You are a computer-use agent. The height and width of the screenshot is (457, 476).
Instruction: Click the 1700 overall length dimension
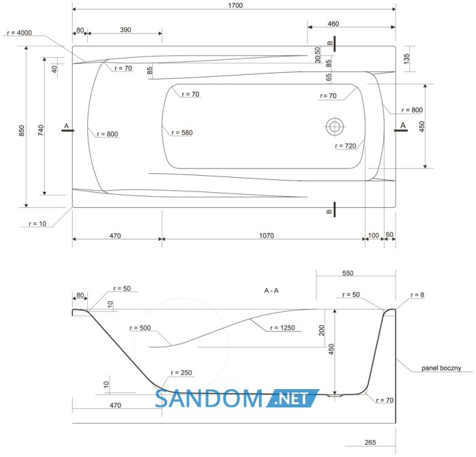(x=235, y=5)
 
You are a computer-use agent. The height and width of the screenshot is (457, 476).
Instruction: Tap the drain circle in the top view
(x=335, y=126)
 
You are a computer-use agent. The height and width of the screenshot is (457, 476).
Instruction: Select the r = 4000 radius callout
(x=19, y=33)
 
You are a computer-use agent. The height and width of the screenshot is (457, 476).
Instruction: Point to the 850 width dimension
(x=22, y=130)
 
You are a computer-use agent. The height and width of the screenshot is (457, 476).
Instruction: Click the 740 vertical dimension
(x=41, y=130)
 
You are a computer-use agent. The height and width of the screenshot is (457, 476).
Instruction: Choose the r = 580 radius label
(x=182, y=132)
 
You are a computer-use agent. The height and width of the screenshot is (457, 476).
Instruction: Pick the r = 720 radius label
(x=345, y=146)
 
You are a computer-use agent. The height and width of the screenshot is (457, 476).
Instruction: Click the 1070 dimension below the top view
(x=267, y=236)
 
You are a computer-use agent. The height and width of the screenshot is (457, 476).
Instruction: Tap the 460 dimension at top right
(x=333, y=24)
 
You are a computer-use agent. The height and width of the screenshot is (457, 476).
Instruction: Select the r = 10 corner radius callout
(x=37, y=223)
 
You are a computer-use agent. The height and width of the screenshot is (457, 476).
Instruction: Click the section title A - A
(x=271, y=291)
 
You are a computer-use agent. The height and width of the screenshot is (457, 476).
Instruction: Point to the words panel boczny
(x=441, y=368)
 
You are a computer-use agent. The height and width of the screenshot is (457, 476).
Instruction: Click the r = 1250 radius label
(x=283, y=327)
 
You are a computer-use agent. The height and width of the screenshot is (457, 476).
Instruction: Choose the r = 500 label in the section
(x=140, y=327)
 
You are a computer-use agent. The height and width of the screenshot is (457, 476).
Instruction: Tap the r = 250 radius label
(x=182, y=372)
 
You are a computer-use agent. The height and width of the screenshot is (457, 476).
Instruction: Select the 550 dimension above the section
(x=348, y=273)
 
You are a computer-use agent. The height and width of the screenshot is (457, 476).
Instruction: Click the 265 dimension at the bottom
(x=371, y=442)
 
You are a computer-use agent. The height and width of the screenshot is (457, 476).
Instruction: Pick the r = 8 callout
(x=418, y=295)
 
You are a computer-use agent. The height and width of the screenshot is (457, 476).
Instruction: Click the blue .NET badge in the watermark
(x=292, y=398)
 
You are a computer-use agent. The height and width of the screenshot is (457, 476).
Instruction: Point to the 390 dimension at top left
(x=125, y=30)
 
